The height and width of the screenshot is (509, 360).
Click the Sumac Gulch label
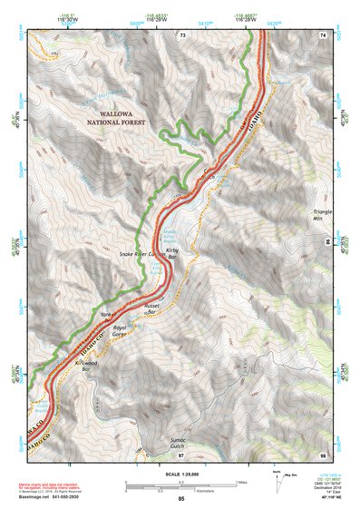(159, 441)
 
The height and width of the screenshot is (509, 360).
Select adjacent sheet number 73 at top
(182, 34)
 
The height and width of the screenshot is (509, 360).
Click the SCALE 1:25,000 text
(181, 475)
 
